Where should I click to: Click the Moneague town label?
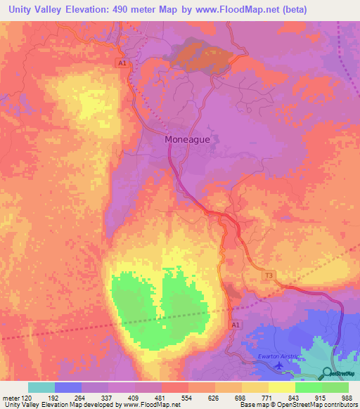187,139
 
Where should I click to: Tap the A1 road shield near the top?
122,63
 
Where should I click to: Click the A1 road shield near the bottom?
236,325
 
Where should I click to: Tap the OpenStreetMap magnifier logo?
328,373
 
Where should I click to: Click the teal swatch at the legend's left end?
41,387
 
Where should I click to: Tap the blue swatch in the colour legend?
68,387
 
